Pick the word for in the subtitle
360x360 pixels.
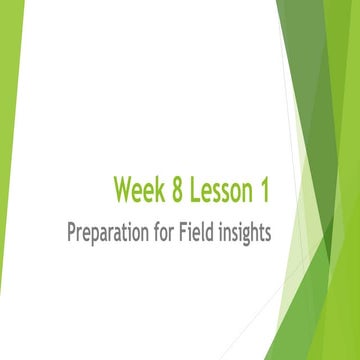pos(173,234)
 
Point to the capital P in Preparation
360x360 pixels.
pos(72,234)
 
